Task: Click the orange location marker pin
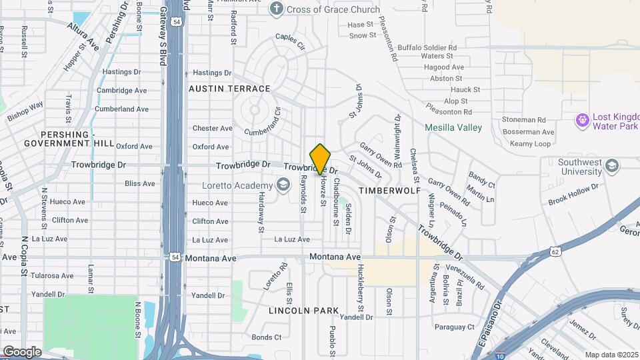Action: (x=321, y=159)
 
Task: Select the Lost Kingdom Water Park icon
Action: (x=582, y=120)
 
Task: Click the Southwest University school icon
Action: (x=613, y=165)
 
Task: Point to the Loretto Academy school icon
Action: (x=283, y=185)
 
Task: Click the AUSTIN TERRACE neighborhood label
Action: (x=230, y=89)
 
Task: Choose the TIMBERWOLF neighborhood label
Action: (x=390, y=191)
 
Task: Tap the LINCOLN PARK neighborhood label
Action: (x=304, y=311)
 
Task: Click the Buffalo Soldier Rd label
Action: (x=427, y=48)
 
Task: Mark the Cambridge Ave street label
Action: (x=123, y=91)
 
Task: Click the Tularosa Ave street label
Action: (x=49, y=275)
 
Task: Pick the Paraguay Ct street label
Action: (x=454, y=327)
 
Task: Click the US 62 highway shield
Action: (x=555, y=251)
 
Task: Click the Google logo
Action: (x=22, y=351)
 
